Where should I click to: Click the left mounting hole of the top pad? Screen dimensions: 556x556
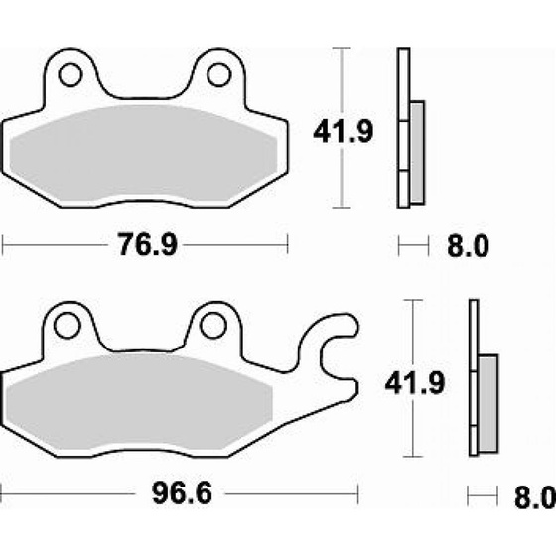pos(70,74)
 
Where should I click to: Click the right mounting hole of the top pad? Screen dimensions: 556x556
pos(218,74)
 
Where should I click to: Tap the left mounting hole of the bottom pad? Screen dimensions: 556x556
pos(68,326)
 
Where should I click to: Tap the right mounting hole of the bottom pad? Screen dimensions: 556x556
pos(213,326)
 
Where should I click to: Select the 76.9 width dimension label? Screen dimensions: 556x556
pos(147,244)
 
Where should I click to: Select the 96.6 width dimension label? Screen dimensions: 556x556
pos(182,493)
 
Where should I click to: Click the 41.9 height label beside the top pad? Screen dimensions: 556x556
pos(344,131)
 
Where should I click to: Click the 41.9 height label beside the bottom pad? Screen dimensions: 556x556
pos(415,383)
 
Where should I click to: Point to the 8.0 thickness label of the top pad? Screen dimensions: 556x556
pos(468,246)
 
